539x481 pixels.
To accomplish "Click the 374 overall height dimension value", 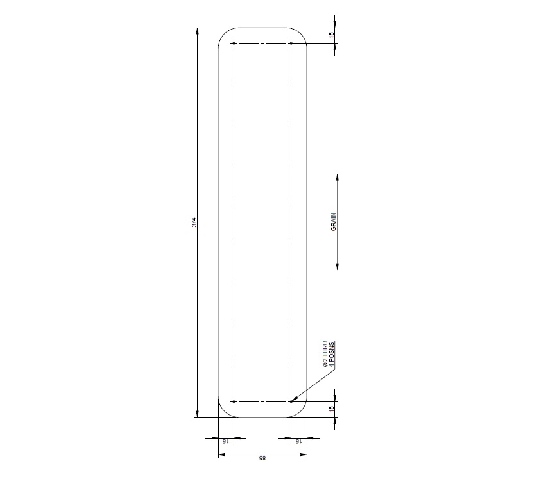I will tap(194, 223).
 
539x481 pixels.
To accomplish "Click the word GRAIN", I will tap(334, 221).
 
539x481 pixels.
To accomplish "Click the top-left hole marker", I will tap(234, 43).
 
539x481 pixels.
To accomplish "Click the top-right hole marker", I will tap(291, 43).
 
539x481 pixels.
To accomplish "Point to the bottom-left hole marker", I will tap(234, 401).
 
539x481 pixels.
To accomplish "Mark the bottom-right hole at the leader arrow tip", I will tap(291, 401).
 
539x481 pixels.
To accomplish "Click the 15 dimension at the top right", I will tap(332, 35).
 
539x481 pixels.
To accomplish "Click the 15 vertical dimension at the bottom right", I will tap(332, 409).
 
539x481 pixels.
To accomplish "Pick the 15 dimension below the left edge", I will tap(226, 442).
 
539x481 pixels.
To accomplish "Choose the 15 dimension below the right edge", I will tap(299, 442).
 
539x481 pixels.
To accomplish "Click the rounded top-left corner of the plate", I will tap(223, 33).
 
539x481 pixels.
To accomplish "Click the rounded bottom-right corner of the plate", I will tap(303, 412).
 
